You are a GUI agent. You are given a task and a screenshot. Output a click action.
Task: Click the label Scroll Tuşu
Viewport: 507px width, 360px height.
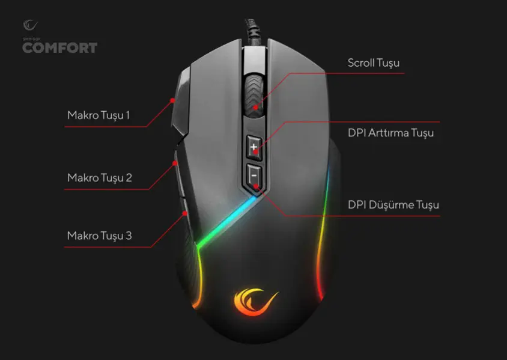(374, 63)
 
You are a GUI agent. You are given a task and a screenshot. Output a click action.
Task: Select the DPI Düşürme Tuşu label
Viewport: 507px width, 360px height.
(393, 205)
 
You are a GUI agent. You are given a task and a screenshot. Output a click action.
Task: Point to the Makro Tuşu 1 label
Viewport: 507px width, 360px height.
(99, 114)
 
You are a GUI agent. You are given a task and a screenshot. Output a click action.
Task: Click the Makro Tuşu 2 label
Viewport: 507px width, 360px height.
(99, 178)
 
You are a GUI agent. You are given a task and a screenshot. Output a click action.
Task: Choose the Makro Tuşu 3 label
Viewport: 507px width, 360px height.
(99, 235)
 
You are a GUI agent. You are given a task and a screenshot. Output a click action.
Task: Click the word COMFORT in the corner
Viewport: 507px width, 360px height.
(59, 48)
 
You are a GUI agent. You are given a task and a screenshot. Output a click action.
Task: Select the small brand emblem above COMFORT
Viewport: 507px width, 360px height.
(30, 25)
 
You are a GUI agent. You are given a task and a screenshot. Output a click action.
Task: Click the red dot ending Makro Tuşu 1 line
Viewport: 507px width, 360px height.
(172, 100)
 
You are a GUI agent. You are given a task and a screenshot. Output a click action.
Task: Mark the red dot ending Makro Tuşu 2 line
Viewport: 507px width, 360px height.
(175, 162)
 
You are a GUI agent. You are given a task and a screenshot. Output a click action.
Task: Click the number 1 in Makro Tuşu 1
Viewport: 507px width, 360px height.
(127, 114)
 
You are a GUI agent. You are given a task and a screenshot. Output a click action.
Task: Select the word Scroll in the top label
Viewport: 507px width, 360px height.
(360, 63)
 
